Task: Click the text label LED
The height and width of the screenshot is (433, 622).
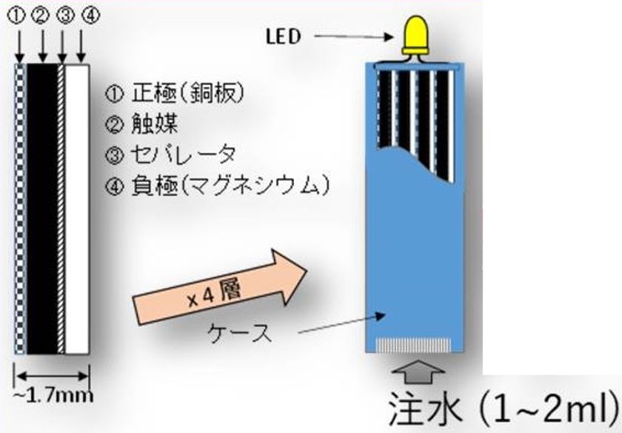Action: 284,37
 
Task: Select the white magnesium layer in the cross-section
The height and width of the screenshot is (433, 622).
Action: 78,207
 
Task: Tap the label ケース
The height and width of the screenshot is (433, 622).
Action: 248,332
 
